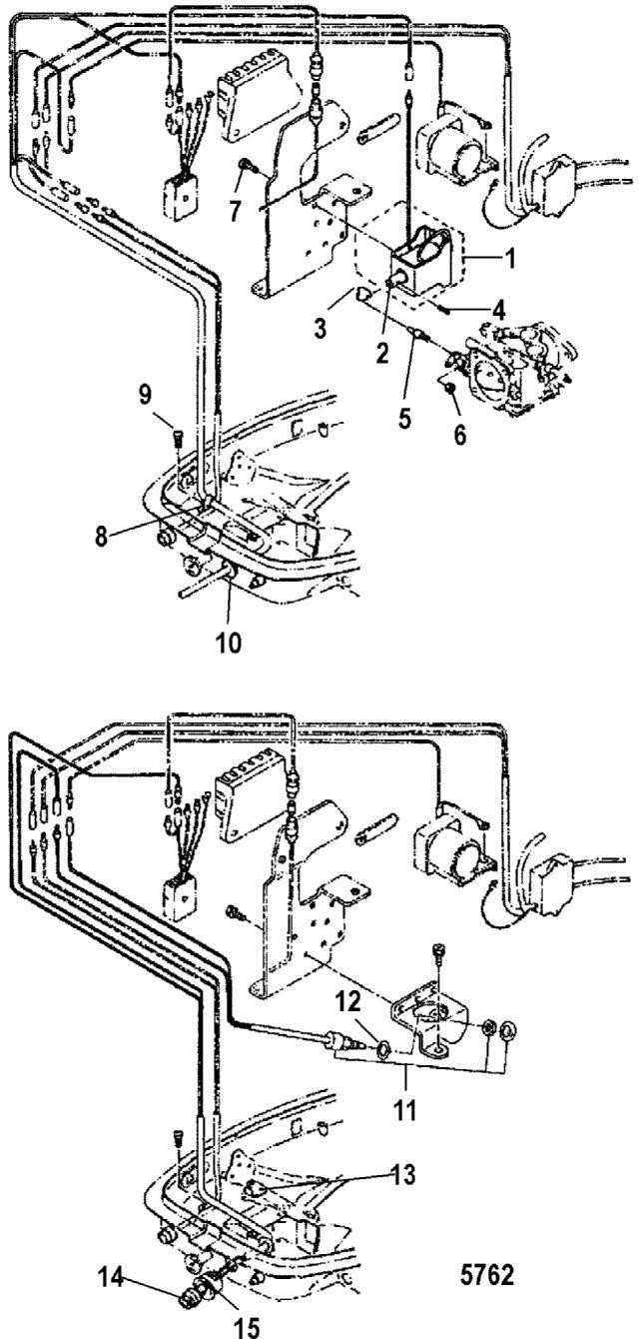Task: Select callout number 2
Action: click(381, 353)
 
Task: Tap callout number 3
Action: click(321, 329)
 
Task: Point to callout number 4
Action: click(497, 310)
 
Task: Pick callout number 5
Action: click(404, 418)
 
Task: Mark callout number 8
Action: click(102, 537)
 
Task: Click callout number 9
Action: click(146, 395)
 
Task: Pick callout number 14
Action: click(112, 1275)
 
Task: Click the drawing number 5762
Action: click(486, 1273)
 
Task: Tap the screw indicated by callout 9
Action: click(178, 438)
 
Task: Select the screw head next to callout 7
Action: click(246, 166)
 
